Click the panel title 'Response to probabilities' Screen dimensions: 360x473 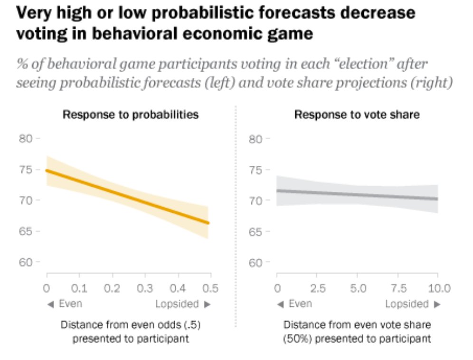click(x=131, y=114)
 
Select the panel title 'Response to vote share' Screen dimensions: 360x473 click(x=357, y=114)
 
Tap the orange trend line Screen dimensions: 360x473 click(x=127, y=196)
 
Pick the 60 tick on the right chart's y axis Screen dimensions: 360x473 click(x=256, y=263)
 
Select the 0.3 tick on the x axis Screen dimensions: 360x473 click(x=144, y=289)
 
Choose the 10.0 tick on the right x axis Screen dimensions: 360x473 click(x=437, y=289)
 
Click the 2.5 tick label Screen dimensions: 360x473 click(x=317, y=289)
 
